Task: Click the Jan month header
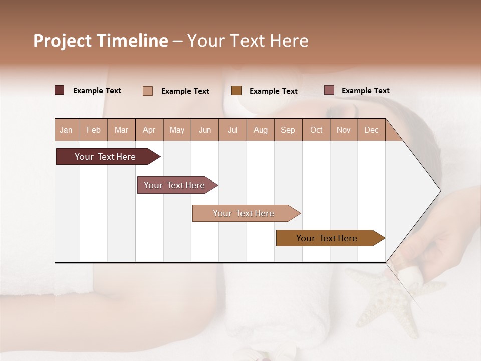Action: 66,130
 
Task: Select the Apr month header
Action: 149,130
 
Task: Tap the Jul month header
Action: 232,130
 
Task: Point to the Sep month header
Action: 288,130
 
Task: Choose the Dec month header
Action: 371,130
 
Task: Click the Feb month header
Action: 94,130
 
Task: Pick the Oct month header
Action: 316,130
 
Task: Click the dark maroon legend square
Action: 59,90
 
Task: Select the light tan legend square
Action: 147,91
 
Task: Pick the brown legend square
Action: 236,90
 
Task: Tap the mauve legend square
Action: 329,90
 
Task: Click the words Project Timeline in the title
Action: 100,41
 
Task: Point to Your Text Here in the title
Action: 248,41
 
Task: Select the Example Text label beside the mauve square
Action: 365,90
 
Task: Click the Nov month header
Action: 344,130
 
